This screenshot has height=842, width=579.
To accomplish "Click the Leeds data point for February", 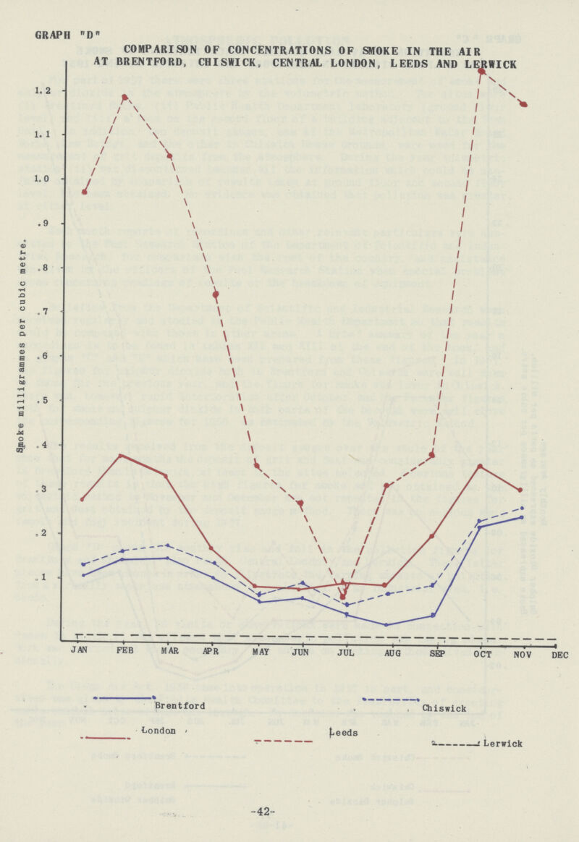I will [125, 97].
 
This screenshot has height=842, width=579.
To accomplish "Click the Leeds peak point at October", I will [481, 71].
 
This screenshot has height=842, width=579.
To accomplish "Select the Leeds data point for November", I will [523, 104].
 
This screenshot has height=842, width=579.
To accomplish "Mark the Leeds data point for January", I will [85, 192].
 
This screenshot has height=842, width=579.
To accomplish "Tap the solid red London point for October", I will [480, 466].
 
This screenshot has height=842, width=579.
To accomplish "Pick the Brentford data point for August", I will [386, 625].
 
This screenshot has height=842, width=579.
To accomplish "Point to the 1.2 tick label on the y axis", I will [46, 91].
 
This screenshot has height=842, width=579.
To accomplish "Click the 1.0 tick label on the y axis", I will [46, 179].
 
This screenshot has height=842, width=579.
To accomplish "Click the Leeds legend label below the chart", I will [340, 733].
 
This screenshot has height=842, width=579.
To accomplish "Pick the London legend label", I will [156, 731].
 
